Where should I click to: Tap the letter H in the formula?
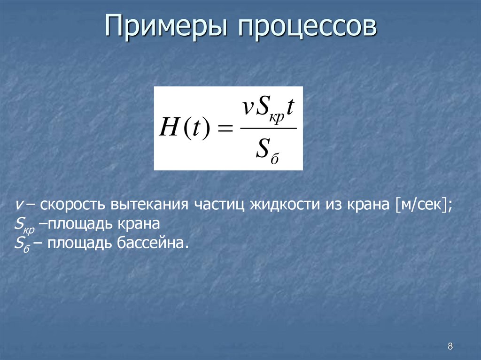[168, 128]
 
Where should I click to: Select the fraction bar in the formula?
[268, 128]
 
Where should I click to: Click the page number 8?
[450, 346]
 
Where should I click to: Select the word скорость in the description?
[73, 206]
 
